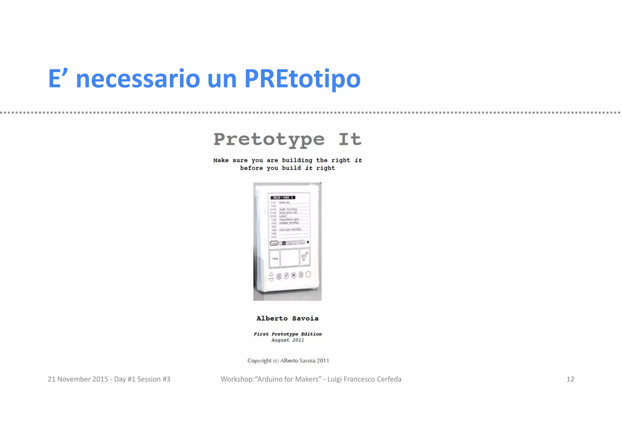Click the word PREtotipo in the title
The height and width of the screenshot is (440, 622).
pos(302,79)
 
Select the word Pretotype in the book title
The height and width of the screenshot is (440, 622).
pos(269,140)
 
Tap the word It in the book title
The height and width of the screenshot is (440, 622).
pos(350,140)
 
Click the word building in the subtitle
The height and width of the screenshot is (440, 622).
pos(297,160)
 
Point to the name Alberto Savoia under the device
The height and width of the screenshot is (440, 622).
pos(287,318)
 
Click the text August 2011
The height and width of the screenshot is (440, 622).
pos(287,340)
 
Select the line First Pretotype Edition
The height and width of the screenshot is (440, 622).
pos(287,334)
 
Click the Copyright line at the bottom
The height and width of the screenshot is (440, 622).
pos(288,361)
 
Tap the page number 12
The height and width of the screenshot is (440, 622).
pos(570,379)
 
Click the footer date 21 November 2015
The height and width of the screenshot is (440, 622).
pos(78,379)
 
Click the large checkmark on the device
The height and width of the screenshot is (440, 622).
pos(305,256)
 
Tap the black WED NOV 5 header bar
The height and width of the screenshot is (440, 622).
pos(283,198)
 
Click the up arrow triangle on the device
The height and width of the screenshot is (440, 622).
pos(271,274)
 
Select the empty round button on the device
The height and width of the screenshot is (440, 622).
pos(308,274)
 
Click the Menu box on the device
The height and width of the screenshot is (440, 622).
pos(275,258)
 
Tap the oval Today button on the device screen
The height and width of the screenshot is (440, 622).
pos(274,243)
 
